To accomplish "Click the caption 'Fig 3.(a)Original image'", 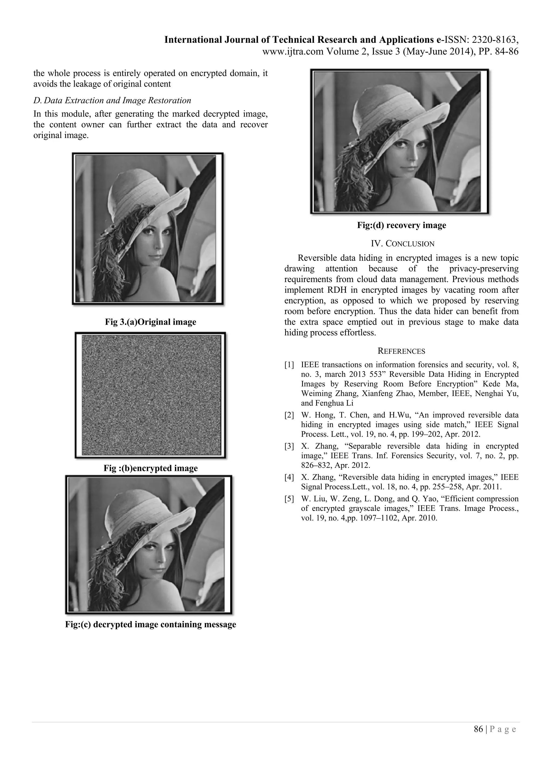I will [150, 322].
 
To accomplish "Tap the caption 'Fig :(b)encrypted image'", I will [150, 468].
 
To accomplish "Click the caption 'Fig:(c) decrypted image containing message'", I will [150, 625].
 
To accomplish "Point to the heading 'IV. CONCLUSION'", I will [402, 243].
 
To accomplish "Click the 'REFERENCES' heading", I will [401, 351].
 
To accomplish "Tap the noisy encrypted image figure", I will [151, 395].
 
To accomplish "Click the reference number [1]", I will [289, 365].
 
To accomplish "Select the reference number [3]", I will [289, 446].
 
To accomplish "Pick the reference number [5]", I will [289, 499].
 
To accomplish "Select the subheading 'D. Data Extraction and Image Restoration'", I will [112, 101].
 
